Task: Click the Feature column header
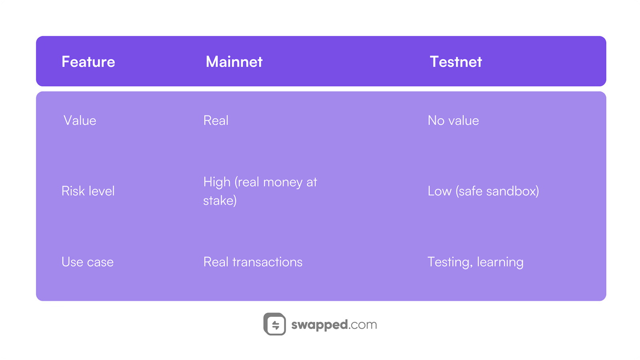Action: (88, 62)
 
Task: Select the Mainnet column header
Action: (234, 62)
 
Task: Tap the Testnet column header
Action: (456, 62)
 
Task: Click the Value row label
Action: (80, 120)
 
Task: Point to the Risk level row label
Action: (88, 191)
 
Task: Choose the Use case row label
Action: (88, 262)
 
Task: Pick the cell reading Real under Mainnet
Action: (216, 120)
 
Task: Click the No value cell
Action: (453, 120)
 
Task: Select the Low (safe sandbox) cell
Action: (483, 191)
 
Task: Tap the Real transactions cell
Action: (253, 262)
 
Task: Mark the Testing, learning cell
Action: (475, 262)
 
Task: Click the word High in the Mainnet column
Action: (217, 182)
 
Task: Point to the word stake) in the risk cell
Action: (220, 200)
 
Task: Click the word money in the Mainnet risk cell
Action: (283, 182)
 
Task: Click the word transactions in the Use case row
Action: (267, 262)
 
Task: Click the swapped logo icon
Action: (275, 324)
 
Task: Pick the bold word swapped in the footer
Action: (320, 324)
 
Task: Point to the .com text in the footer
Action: (363, 324)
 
